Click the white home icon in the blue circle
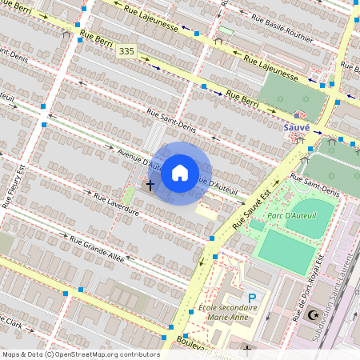(x=180, y=173)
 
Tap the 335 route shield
(x=126, y=51)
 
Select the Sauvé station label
(x=297, y=126)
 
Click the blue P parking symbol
(x=252, y=298)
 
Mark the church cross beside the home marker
(x=150, y=186)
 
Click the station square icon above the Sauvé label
(x=297, y=115)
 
